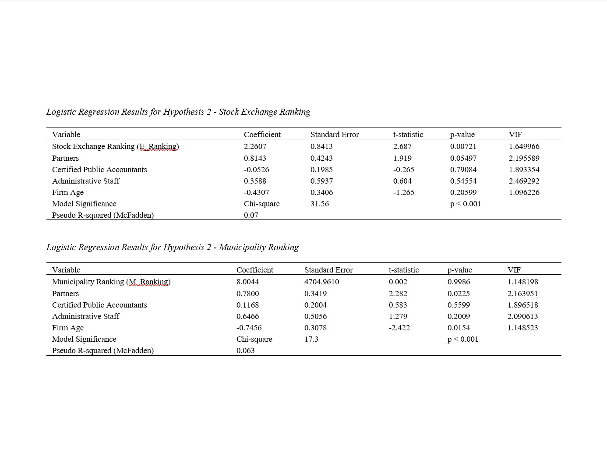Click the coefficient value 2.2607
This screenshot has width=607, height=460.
coord(255,146)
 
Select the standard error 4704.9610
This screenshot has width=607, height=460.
coord(321,282)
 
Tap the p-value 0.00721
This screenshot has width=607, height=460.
coord(463,146)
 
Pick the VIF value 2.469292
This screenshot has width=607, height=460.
coord(524,181)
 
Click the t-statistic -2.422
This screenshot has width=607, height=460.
coord(399,328)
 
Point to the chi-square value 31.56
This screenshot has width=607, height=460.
coord(319,204)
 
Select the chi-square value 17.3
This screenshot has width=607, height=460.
coord(311,339)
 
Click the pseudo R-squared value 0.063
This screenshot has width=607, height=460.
coord(245,350)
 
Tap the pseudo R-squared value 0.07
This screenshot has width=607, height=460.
coord(251,215)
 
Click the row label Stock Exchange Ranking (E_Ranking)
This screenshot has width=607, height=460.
coord(115,146)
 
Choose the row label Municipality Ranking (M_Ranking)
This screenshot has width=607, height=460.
coord(111,282)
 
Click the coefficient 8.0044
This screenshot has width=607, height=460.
coord(247,282)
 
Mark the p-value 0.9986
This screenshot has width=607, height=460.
coord(459,282)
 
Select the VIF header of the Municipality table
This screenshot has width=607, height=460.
coord(514,270)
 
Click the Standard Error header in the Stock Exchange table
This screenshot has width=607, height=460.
coord(334,134)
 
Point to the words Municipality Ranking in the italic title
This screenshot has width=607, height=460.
coord(258,247)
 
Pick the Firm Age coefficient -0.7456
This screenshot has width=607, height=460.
coord(249,328)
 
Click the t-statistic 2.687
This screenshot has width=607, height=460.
coord(402,146)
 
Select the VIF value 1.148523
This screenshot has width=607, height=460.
coord(522,328)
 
